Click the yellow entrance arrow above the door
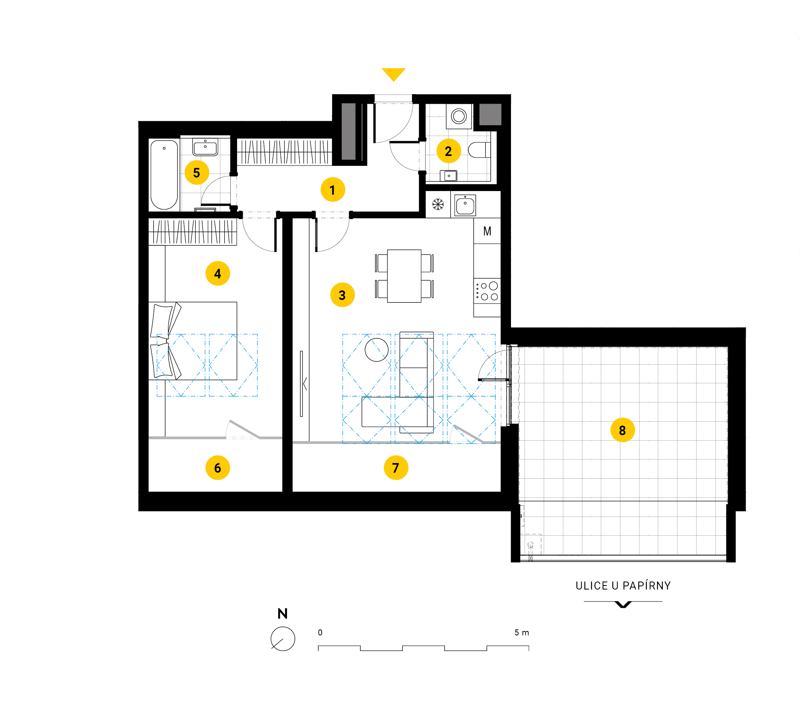pyautogui.click(x=394, y=74)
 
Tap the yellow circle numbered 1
pyautogui.click(x=333, y=189)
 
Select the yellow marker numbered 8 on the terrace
pyautogui.click(x=623, y=430)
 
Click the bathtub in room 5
pyautogui.click(x=164, y=175)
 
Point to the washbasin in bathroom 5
pyautogui.click(x=205, y=147)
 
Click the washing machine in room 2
pyautogui.click(x=459, y=116)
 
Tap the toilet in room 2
pyautogui.click(x=479, y=150)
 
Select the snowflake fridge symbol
pyautogui.click(x=438, y=204)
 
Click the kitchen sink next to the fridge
pyautogui.click(x=465, y=205)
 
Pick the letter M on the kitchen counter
pyautogui.click(x=487, y=231)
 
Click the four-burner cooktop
pyautogui.click(x=487, y=291)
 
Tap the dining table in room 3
pyautogui.click(x=404, y=276)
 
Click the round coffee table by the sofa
pyautogui.click(x=376, y=350)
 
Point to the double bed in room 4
pyautogui.click(x=193, y=341)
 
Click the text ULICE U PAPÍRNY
pyautogui.click(x=623, y=586)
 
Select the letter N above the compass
pyautogui.click(x=283, y=614)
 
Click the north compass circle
pyautogui.click(x=283, y=639)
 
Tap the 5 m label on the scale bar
pyautogui.click(x=522, y=633)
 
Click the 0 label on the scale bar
pyautogui.click(x=320, y=633)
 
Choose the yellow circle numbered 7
pyautogui.click(x=396, y=467)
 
